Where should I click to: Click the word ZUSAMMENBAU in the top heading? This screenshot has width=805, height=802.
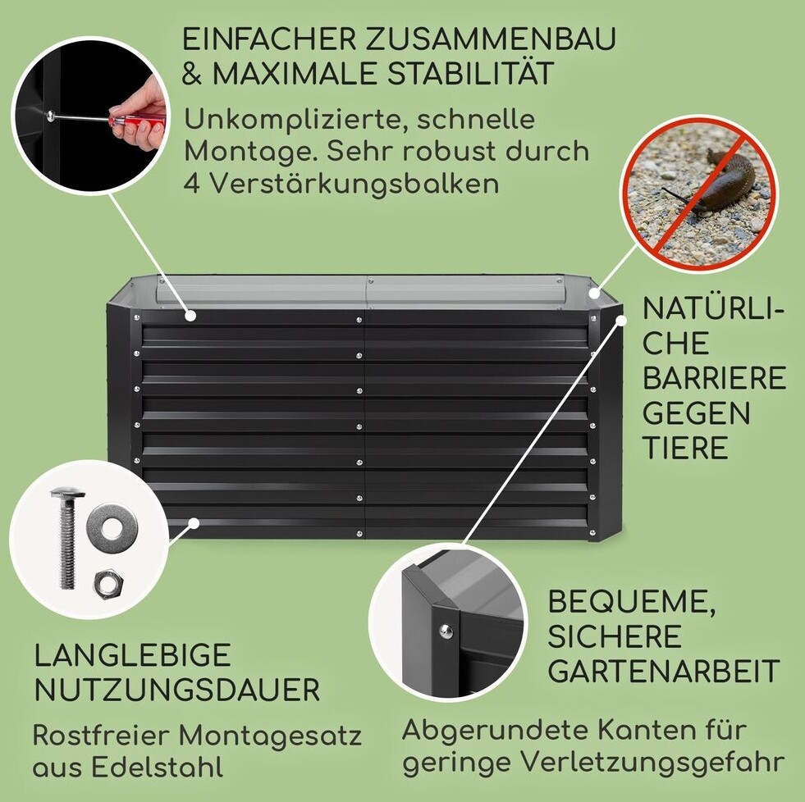point(490,39)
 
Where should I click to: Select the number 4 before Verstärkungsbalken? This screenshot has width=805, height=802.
point(193,184)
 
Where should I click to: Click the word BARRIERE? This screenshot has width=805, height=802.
point(714,378)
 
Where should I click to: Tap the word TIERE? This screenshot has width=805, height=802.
point(685,448)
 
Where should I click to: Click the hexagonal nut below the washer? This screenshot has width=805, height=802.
point(107,583)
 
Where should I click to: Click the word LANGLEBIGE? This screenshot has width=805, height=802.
point(132,655)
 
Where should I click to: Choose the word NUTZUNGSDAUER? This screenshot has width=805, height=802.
point(177,690)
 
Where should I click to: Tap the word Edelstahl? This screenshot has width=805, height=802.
point(157,768)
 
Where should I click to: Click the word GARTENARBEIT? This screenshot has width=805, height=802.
point(664,671)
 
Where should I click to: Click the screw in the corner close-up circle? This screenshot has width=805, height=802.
point(446,630)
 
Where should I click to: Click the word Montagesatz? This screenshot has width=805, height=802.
point(271,736)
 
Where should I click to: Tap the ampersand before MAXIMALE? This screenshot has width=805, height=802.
point(193,73)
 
